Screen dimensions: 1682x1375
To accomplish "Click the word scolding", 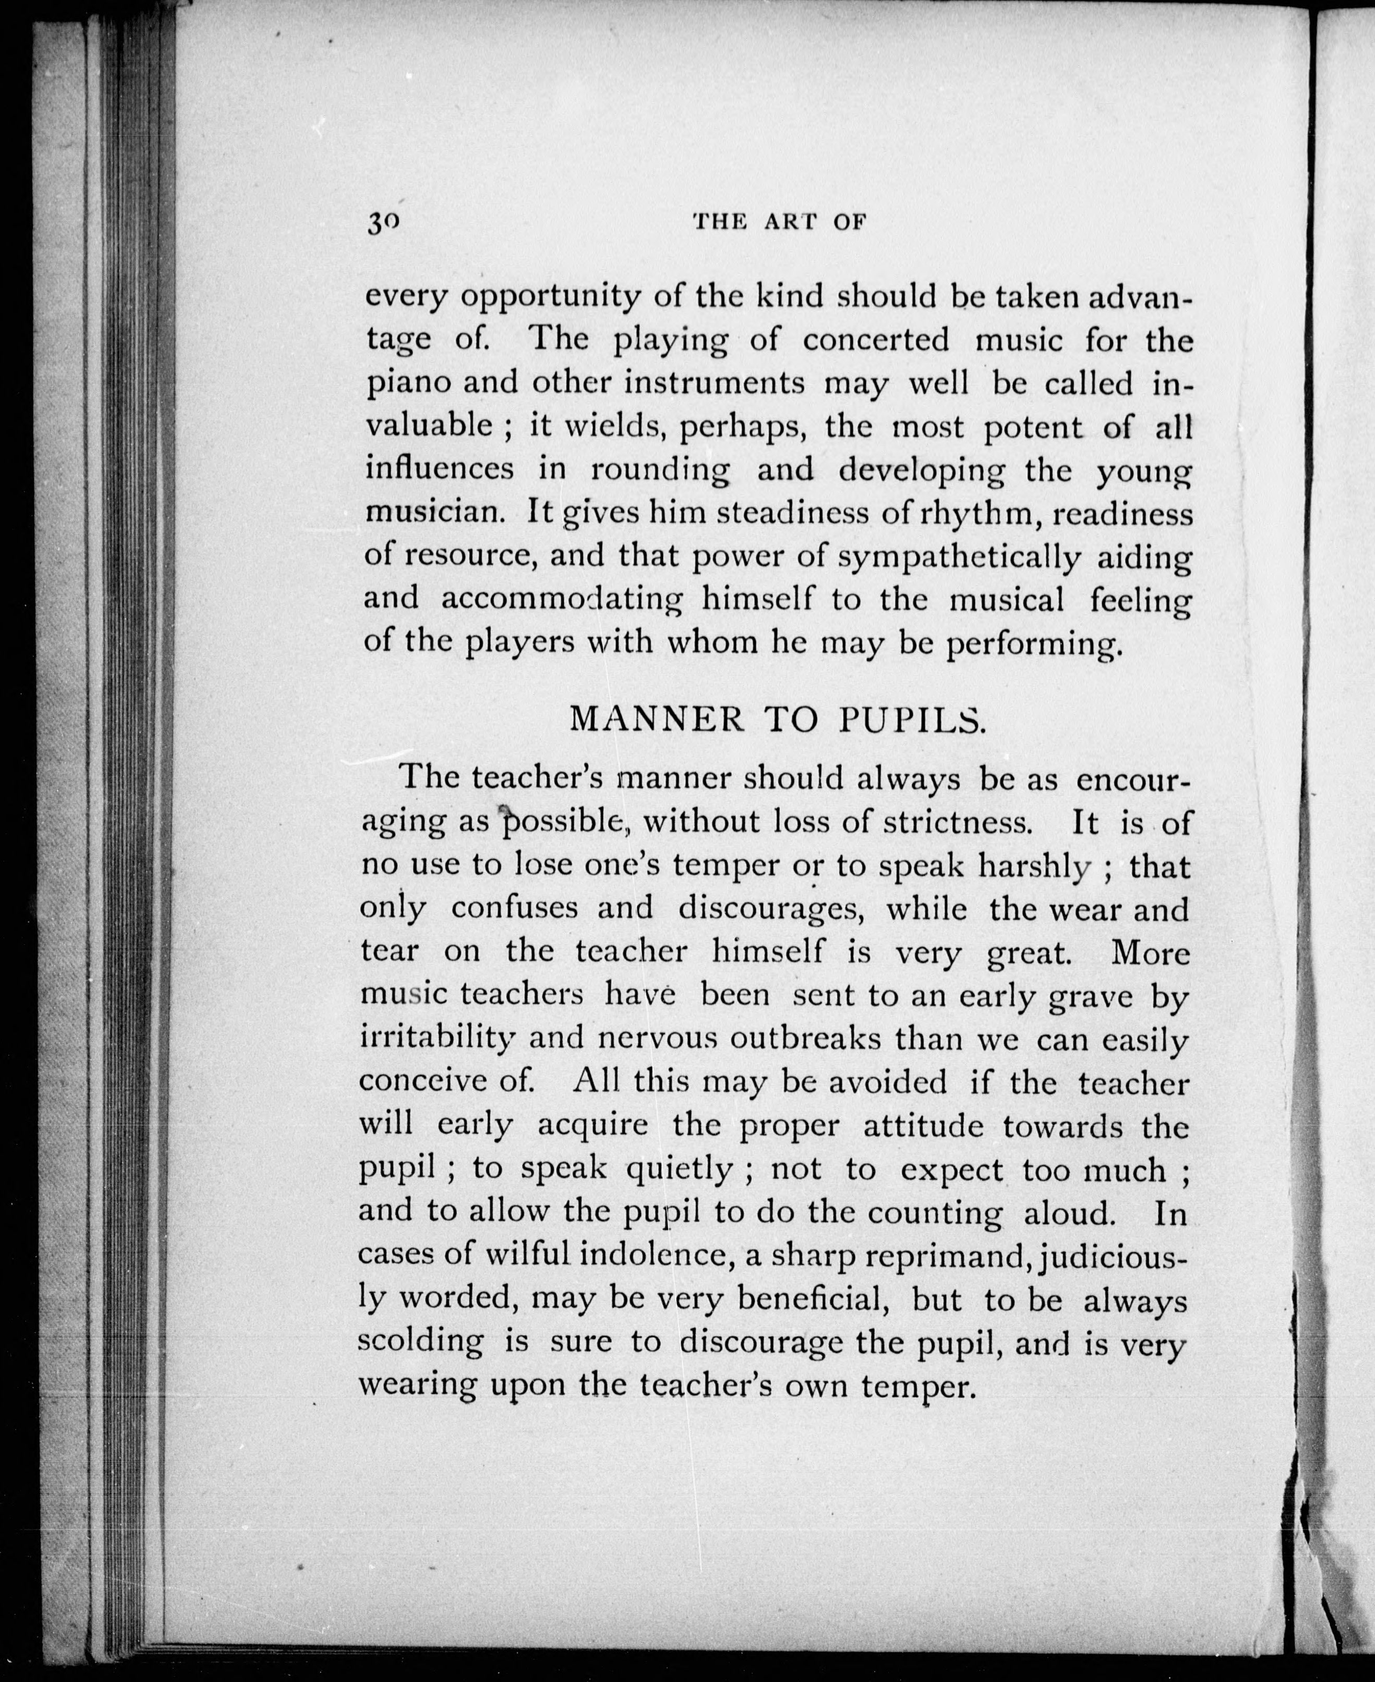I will [x=420, y=1341].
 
